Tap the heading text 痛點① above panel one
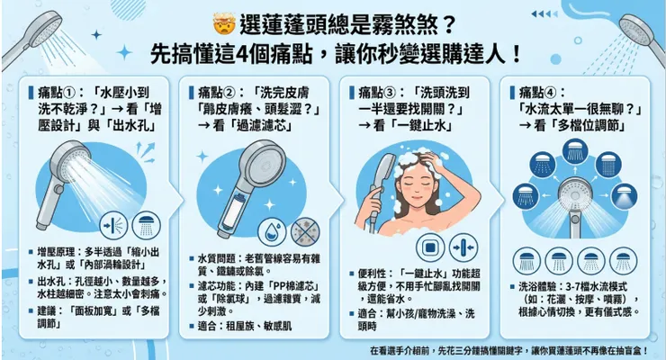tap(53, 92)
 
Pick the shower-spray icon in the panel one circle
tap(143, 223)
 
